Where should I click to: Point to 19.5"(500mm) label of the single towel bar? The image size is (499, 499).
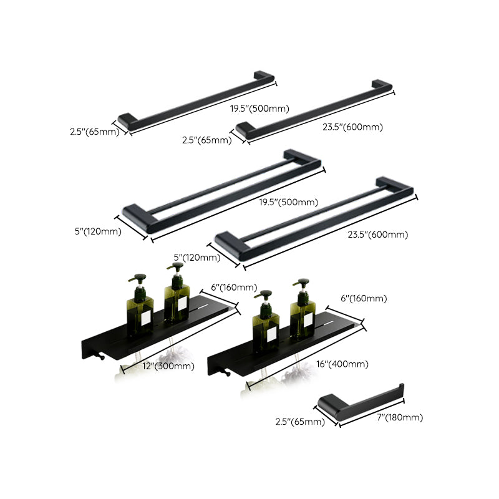pos(259,109)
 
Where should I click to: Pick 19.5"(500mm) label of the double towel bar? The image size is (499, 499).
pos(289,202)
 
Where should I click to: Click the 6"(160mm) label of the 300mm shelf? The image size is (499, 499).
pos(234,287)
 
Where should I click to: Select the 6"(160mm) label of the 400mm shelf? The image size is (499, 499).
pos(365,299)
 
